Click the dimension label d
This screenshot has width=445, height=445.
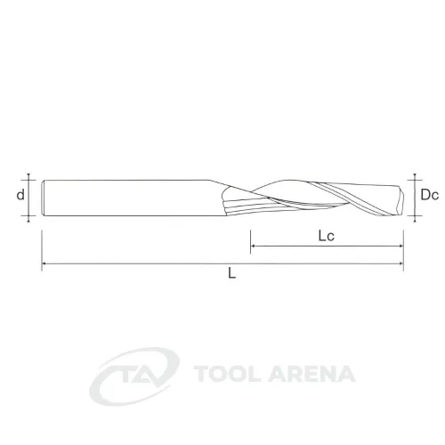pos(20,195)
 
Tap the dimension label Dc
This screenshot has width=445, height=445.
pos(429,195)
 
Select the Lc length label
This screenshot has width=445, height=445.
pos(327,236)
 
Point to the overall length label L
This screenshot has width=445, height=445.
pos(231,273)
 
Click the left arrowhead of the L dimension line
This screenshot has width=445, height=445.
pos(44,263)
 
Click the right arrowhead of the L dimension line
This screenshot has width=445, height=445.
pos(401,263)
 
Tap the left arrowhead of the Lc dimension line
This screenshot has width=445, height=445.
pos(253,246)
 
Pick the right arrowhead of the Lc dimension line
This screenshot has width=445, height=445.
pos(401,246)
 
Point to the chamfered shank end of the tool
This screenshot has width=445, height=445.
pos(44,198)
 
